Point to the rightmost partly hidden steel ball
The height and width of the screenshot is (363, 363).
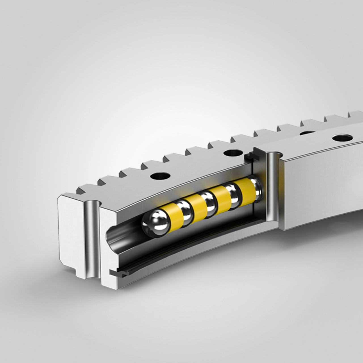257,187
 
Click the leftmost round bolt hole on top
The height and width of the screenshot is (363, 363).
159,176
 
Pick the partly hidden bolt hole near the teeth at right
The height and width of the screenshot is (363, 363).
307,133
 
